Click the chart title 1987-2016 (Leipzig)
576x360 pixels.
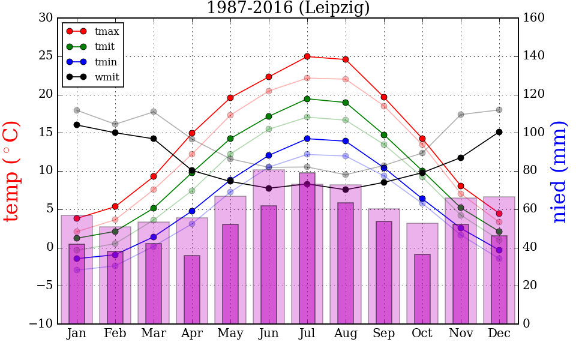(x=288, y=8)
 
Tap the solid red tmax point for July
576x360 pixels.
(x=307, y=56)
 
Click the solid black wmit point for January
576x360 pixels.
(x=77, y=125)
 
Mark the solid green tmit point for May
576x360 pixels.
(x=230, y=139)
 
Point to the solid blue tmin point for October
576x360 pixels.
(x=422, y=199)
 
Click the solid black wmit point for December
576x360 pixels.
(x=499, y=132)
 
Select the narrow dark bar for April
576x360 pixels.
(x=192, y=290)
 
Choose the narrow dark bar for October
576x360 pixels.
(x=422, y=289)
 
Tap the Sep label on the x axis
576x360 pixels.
(x=384, y=334)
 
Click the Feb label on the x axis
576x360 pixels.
(x=115, y=334)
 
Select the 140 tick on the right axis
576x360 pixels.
(x=534, y=56)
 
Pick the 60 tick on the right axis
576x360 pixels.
(x=531, y=209)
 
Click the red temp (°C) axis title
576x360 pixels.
(x=12, y=171)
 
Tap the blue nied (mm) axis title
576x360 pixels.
(x=559, y=172)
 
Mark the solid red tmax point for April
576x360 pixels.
(x=192, y=133)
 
